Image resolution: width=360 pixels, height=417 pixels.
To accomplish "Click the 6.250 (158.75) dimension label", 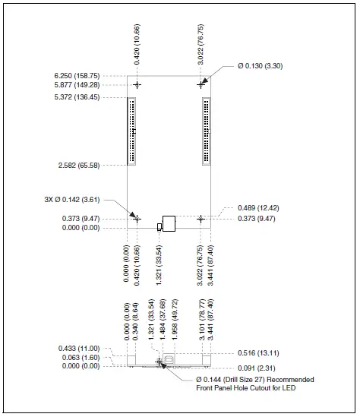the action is click(78, 76).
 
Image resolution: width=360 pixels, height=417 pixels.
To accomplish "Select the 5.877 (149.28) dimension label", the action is click(78, 84).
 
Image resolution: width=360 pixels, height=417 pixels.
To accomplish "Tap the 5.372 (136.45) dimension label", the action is click(78, 97).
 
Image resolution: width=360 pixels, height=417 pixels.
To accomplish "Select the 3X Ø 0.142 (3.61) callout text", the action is click(71, 200).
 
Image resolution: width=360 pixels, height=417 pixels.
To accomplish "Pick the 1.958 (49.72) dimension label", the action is click(175, 320).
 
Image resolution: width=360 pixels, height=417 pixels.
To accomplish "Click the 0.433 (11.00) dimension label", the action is click(78, 348).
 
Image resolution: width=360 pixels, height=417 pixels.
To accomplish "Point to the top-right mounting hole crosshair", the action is click(201, 84).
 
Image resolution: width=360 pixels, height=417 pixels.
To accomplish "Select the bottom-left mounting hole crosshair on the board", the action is click(137, 219).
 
